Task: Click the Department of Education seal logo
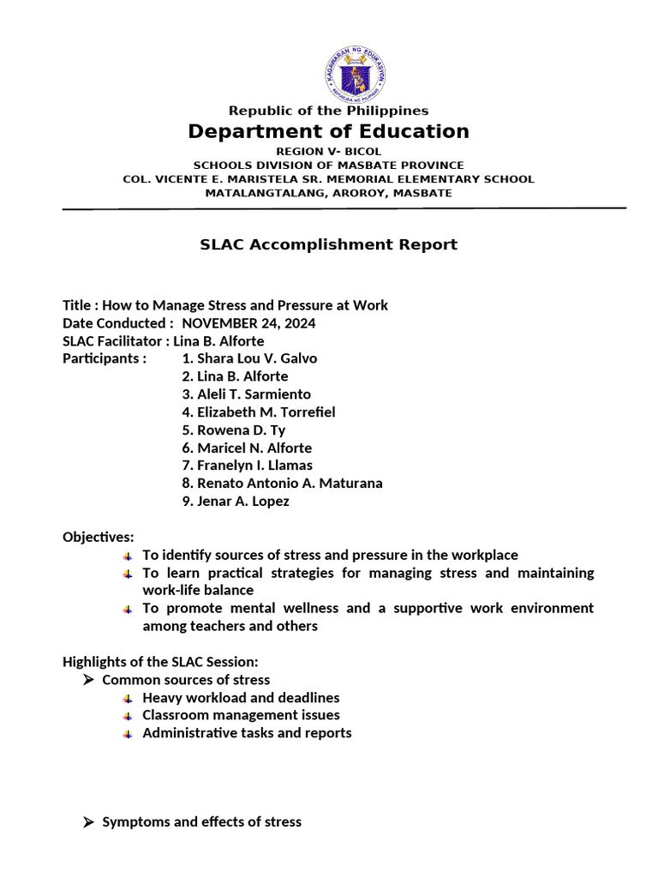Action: coord(355,74)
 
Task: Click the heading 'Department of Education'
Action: coord(329,131)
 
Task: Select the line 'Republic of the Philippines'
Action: coord(328,111)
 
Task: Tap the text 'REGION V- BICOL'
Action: coord(328,151)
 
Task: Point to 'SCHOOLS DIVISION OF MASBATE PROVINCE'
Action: coord(328,165)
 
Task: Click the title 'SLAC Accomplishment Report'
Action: coord(328,244)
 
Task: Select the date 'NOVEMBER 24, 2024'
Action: coord(248,323)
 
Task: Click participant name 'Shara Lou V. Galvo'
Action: coord(248,358)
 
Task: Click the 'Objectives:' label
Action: coord(99,538)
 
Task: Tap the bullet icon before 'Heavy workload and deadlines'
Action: coord(127,699)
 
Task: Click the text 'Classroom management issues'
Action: coord(241,715)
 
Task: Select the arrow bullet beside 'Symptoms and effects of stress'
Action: coord(87,822)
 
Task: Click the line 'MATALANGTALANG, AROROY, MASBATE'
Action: coord(328,193)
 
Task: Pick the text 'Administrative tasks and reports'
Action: coord(247,733)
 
